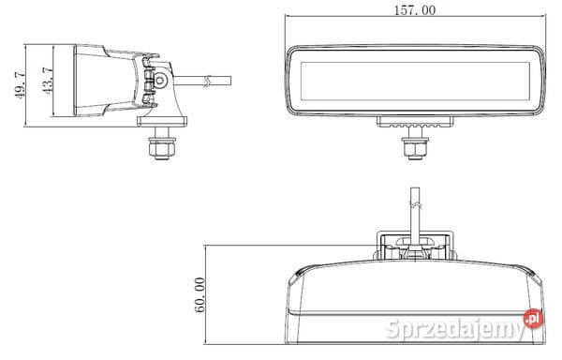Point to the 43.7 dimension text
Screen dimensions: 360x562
coord(48,81)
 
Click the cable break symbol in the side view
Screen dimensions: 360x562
coord(205,82)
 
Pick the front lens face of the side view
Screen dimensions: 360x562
coord(74,82)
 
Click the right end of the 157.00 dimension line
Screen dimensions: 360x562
coord(544,18)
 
